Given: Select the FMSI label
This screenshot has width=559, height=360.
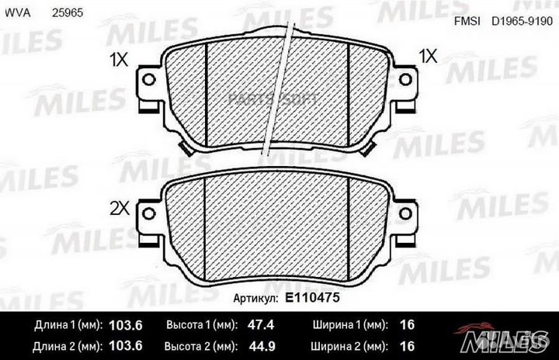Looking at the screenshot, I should pos(465,22).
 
